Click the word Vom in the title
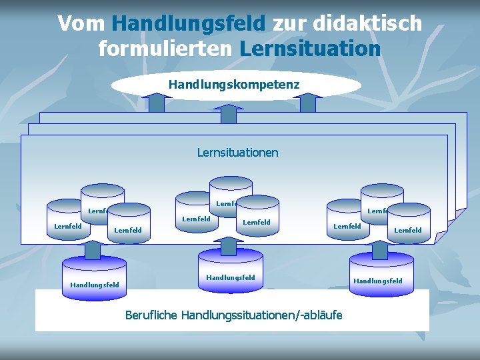(81, 24)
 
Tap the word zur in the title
(289, 24)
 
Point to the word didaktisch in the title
(367, 24)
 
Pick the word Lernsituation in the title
(310, 49)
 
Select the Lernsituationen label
(237, 153)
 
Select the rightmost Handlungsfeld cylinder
(378, 273)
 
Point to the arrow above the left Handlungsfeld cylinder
(93, 249)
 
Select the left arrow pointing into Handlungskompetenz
(157, 103)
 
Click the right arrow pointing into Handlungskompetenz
(307, 103)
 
